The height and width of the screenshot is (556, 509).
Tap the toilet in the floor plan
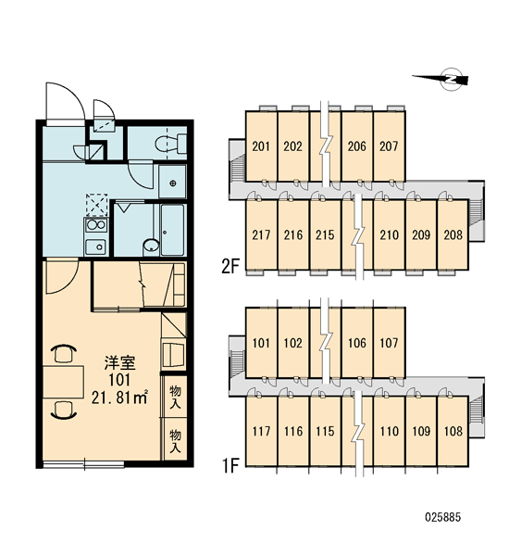click(x=171, y=144)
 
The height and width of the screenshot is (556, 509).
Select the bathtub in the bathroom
click(x=172, y=230)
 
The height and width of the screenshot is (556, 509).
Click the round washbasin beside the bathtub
click(x=152, y=246)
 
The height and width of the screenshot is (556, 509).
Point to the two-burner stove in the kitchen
click(x=95, y=225)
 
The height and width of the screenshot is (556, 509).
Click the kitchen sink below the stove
click(x=95, y=246)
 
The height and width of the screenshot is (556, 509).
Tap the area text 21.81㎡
click(x=119, y=398)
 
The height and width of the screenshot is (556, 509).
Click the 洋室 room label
click(x=119, y=362)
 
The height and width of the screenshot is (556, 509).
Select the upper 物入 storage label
click(x=175, y=397)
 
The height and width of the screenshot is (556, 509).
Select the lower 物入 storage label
click(x=175, y=441)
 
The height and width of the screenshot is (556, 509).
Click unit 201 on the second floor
click(x=261, y=146)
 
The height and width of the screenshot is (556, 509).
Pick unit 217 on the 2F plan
click(x=261, y=234)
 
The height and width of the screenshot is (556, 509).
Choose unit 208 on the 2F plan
click(x=453, y=234)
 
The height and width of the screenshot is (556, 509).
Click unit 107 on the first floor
click(x=389, y=343)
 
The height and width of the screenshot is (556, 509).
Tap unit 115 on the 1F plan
click(x=325, y=431)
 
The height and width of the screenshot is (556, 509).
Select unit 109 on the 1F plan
click(x=421, y=431)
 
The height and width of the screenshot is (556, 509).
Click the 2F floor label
click(x=230, y=266)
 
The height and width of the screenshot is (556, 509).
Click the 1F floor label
click(x=230, y=466)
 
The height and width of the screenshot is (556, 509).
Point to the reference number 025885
click(x=442, y=517)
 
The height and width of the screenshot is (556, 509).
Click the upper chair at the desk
click(x=64, y=353)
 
